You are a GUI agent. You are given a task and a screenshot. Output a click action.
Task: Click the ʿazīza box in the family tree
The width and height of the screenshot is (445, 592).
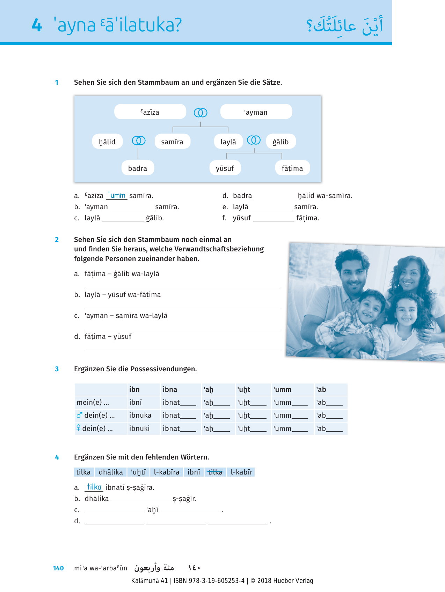click(x=150, y=112)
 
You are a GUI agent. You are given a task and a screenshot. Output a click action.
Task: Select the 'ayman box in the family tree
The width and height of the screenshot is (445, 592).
click(x=256, y=112)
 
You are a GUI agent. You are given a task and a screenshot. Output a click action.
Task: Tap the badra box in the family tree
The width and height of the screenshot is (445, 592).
click(x=138, y=168)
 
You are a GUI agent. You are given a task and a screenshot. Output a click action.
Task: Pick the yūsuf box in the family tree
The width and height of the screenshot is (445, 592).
click(x=225, y=168)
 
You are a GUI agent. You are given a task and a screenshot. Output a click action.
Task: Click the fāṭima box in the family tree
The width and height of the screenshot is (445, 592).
click(x=292, y=168)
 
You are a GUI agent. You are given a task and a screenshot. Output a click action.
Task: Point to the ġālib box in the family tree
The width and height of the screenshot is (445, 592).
click(x=280, y=142)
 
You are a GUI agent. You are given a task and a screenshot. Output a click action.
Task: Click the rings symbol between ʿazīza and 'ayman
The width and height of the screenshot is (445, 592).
click(x=200, y=113)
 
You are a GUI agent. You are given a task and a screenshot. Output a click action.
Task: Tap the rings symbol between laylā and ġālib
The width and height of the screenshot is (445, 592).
click(x=254, y=140)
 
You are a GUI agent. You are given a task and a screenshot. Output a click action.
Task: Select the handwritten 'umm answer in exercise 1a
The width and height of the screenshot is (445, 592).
click(x=117, y=195)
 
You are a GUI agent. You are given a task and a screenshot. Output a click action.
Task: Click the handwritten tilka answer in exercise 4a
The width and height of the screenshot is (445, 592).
click(x=94, y=487)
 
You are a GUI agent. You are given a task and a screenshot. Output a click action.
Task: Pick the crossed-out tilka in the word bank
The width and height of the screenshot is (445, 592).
click(x=215, y=472)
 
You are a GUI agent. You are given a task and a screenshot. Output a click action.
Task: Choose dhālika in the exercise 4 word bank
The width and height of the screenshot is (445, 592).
click(x=111, y=472)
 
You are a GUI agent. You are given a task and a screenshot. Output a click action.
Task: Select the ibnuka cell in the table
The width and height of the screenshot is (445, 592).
click(x=140, y=415)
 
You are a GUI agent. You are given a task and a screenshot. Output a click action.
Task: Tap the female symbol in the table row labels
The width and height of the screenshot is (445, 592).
click(x=78, y=428)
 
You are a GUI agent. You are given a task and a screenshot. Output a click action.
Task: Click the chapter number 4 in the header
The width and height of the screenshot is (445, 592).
click(x=37, y=25)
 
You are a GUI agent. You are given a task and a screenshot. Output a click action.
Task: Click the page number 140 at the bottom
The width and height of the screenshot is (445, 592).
click(x=58, y=568)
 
